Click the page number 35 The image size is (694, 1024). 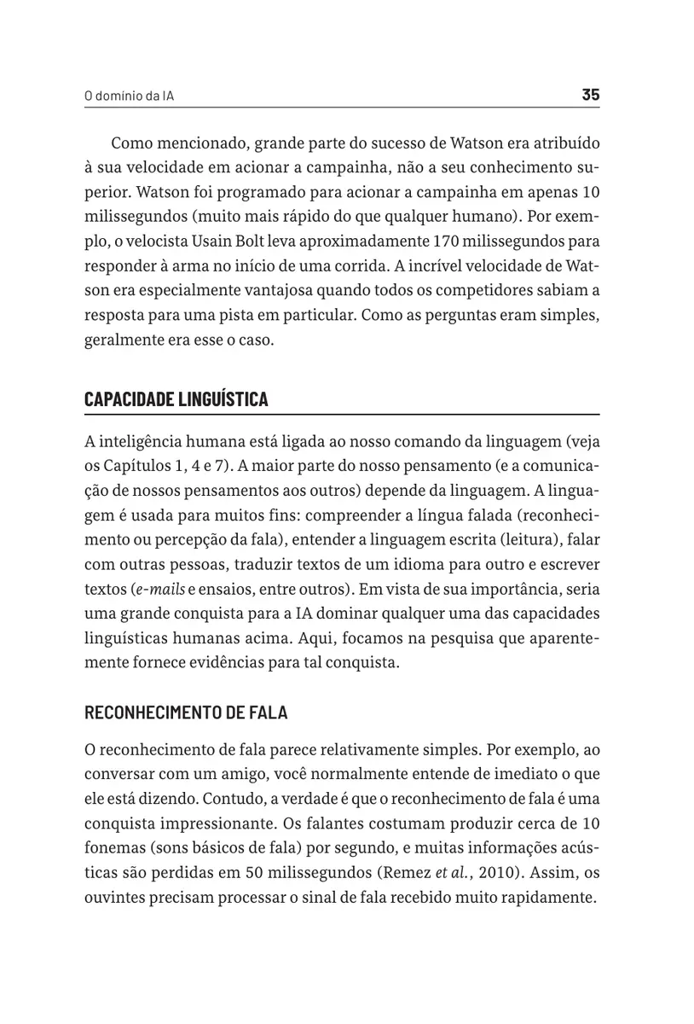[590, 95]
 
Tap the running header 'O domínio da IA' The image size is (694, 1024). [130, 96]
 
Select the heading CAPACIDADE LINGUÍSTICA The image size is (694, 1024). [176, 399]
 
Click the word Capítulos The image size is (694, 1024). [136, 466]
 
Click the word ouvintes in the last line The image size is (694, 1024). [115, 898]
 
